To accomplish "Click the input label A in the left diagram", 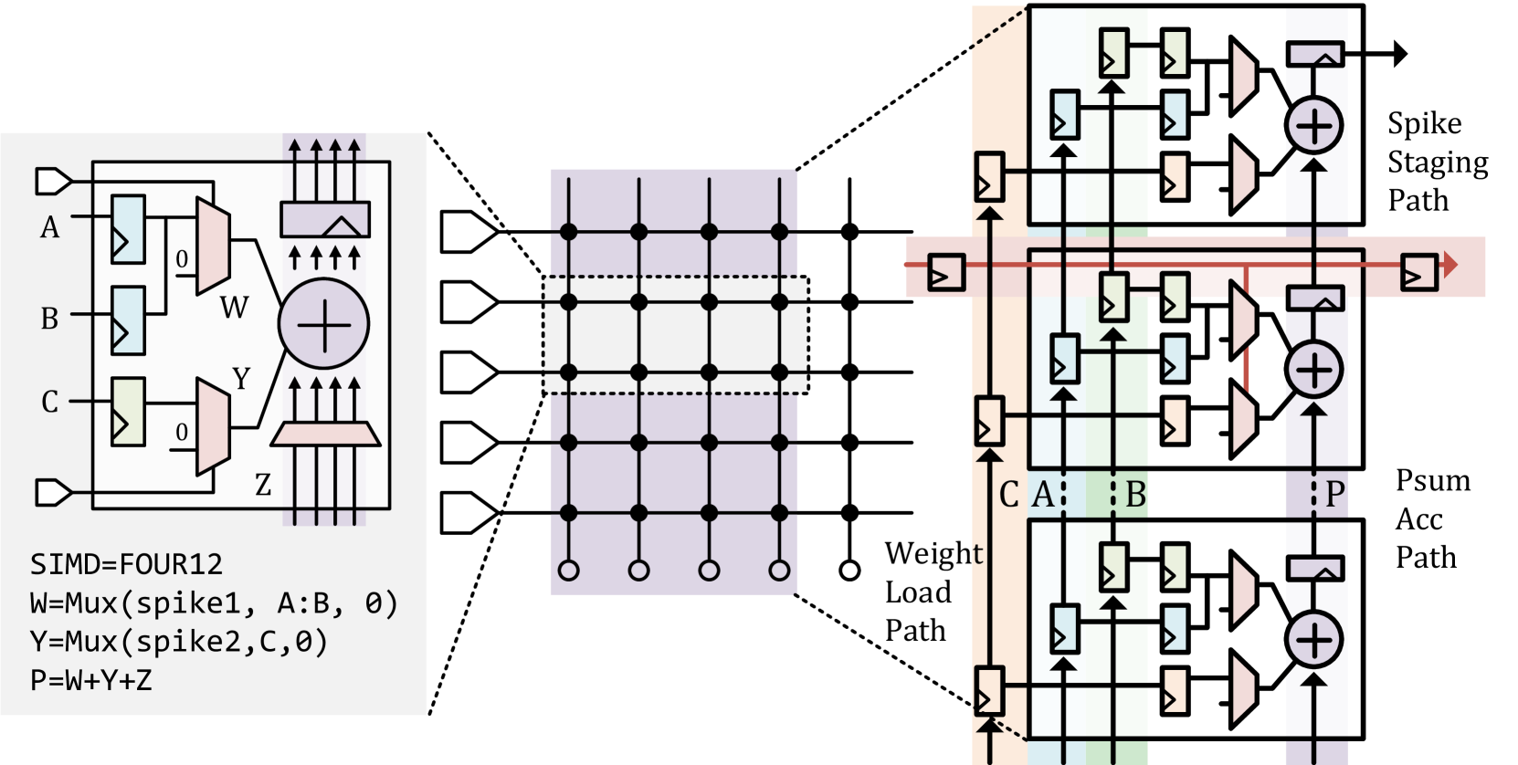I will pos(49,227).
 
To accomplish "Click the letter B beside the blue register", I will pos(49,319).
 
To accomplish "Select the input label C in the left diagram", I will pos(49,402).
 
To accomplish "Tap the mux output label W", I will pos(234,308).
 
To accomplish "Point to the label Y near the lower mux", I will pos(241,379).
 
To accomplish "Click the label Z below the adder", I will pos(263,485).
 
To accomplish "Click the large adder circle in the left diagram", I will pos(324,324).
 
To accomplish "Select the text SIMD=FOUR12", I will pos(126,564).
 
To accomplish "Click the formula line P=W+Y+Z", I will pos(90,680).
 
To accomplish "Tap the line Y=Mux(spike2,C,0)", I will pos(178,642).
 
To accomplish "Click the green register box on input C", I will pos(128,412).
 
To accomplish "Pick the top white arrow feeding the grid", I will pos(469,232).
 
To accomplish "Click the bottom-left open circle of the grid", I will pos(568,571).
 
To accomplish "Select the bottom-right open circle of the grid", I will pos(779,571).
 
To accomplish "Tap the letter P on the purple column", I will pos(1334,494).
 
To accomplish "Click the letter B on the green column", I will pos(1135,495).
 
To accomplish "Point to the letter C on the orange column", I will pos(1008,495).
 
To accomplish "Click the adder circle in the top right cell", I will pos(1313,125).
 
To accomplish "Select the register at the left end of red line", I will pos(946,273).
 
